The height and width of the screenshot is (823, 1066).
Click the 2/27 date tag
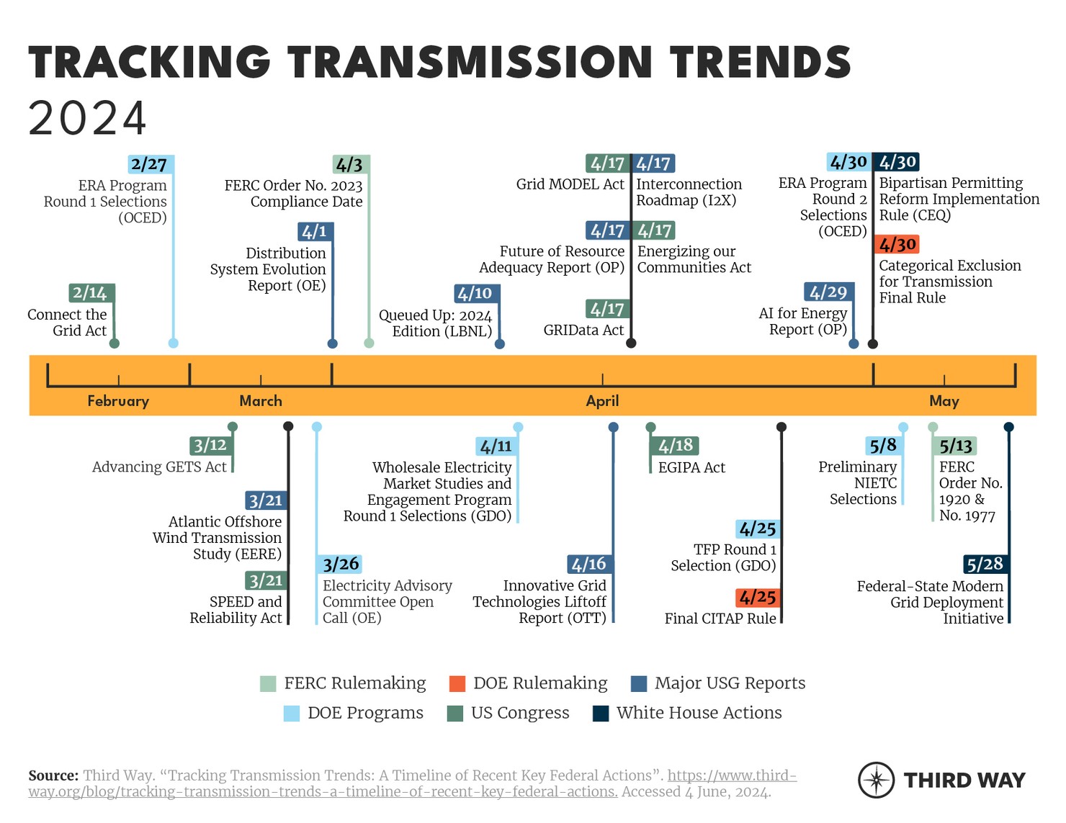150,164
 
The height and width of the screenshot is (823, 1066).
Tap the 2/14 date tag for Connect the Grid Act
91,293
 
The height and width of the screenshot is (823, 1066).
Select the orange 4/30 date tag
897,245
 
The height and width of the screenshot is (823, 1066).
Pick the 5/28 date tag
985,565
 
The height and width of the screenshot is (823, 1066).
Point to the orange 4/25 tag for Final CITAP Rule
757,598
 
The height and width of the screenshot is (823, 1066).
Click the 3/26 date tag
340,565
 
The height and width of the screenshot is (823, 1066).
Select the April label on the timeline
602,401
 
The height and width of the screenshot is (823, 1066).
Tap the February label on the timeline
118,401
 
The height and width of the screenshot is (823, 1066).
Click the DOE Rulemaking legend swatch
457,683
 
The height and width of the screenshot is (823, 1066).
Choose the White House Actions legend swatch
601,713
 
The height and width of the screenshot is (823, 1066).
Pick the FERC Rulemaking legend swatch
268,683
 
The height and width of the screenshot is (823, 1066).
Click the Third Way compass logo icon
876,780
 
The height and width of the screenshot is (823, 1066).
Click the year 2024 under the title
87,119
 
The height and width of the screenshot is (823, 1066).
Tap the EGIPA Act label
691,468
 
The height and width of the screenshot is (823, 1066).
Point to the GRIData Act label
583,330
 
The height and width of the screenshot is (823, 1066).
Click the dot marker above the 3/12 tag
233,427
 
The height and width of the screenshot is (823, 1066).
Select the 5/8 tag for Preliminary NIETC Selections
883,446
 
